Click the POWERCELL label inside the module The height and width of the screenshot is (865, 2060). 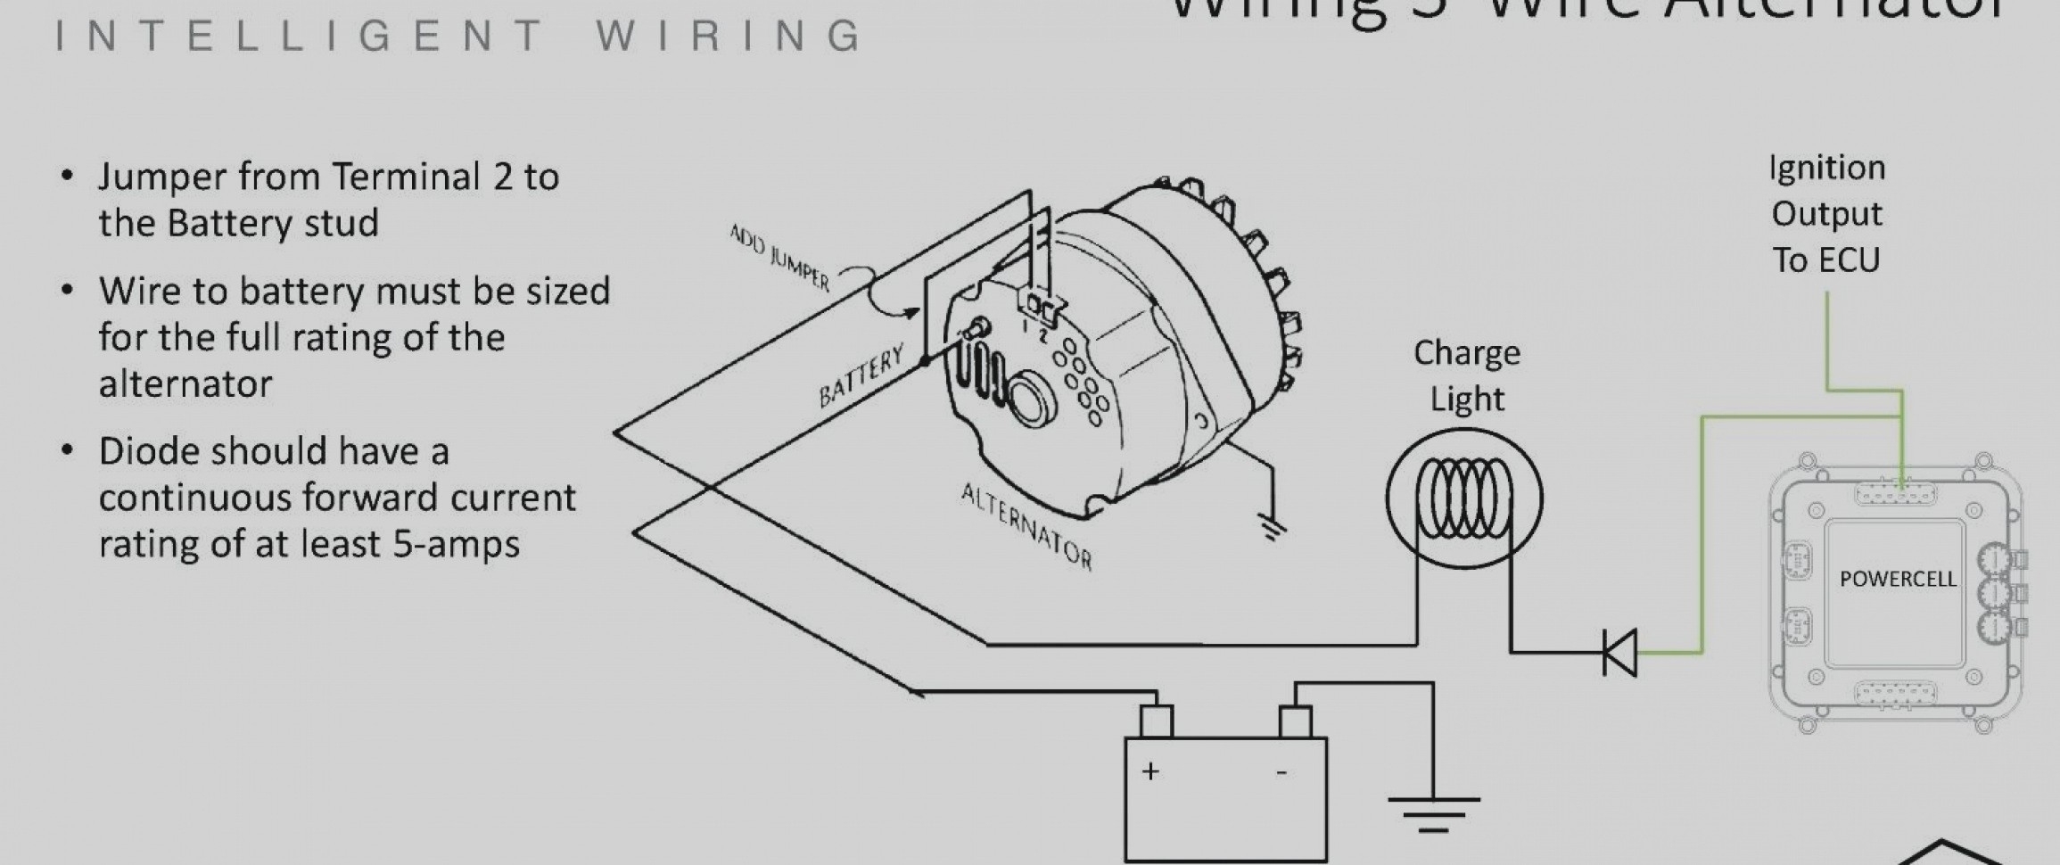point(1897,579)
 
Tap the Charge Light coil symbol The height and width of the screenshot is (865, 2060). point(1463,498)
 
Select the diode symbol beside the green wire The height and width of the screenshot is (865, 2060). point(1619,653)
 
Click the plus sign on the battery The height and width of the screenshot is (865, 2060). point(1150,771)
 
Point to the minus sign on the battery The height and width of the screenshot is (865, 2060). point(1281,772)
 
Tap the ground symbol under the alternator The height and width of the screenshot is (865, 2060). point(1273,527)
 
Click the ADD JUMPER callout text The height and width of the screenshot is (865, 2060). point(779,259)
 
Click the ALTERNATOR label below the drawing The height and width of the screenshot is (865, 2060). point(1026,525)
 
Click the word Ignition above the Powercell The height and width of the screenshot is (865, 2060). point(1826,169)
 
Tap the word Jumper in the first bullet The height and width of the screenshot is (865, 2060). point(162,177)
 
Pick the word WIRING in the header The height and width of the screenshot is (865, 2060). point(729,36)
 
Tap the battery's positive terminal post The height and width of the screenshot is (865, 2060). point(1157,721)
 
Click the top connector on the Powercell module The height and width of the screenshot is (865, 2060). point(1894,494)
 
